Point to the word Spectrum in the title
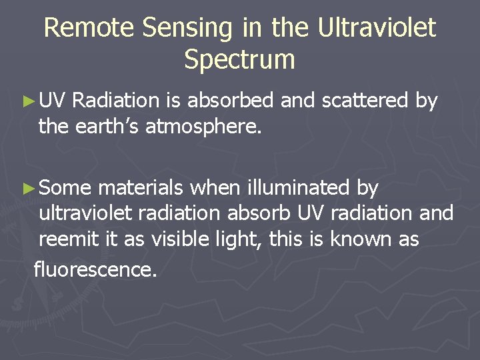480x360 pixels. pyautogui.click(x=239, y=60)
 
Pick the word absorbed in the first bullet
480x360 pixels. pyautogui.click(x=231, y=101)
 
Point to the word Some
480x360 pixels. pyautogui.click(x=65, y=189)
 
